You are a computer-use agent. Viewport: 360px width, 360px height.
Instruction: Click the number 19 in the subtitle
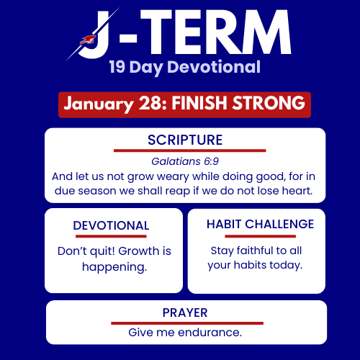[120, 68]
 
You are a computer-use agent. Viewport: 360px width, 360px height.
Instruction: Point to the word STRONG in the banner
[269, 104]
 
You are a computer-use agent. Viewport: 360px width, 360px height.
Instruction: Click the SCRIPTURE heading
[185, 140]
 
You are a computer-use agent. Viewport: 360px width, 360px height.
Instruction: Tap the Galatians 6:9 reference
[184, 162]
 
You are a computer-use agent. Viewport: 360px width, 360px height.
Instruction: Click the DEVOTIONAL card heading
[111, 226]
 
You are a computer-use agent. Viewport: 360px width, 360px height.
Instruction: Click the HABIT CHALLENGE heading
[260, 224]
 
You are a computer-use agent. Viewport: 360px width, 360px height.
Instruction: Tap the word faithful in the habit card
[256, 251]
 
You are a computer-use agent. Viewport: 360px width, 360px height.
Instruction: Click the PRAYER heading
[185, 312]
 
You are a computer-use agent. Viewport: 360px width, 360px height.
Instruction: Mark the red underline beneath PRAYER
[185, 323]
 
